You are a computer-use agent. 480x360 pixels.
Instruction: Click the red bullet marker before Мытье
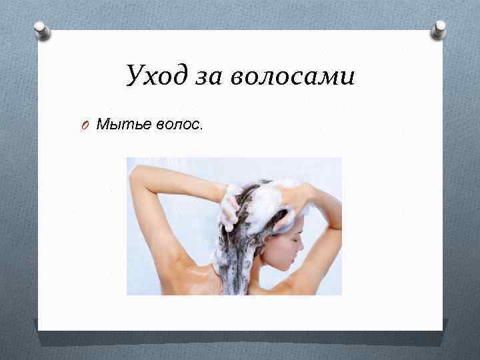coord(87,124)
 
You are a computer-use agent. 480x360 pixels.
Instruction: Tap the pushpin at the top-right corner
coord(439,28)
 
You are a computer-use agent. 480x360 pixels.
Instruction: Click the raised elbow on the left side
coord(136,175)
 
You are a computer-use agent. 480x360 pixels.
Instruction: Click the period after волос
coord(199,128)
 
